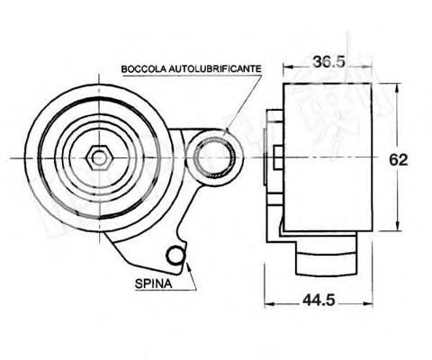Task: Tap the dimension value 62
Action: click(x=401, y=159)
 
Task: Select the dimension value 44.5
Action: click(x=315, y=301)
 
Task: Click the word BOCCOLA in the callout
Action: click(x=144, y=68)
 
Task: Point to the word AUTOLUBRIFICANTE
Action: click(x=209, y=68)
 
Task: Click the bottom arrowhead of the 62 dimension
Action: click(x=391, y=229)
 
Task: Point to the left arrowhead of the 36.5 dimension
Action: click(x=286, y=67)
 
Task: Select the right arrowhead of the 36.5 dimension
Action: click(x=373, y=67)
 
